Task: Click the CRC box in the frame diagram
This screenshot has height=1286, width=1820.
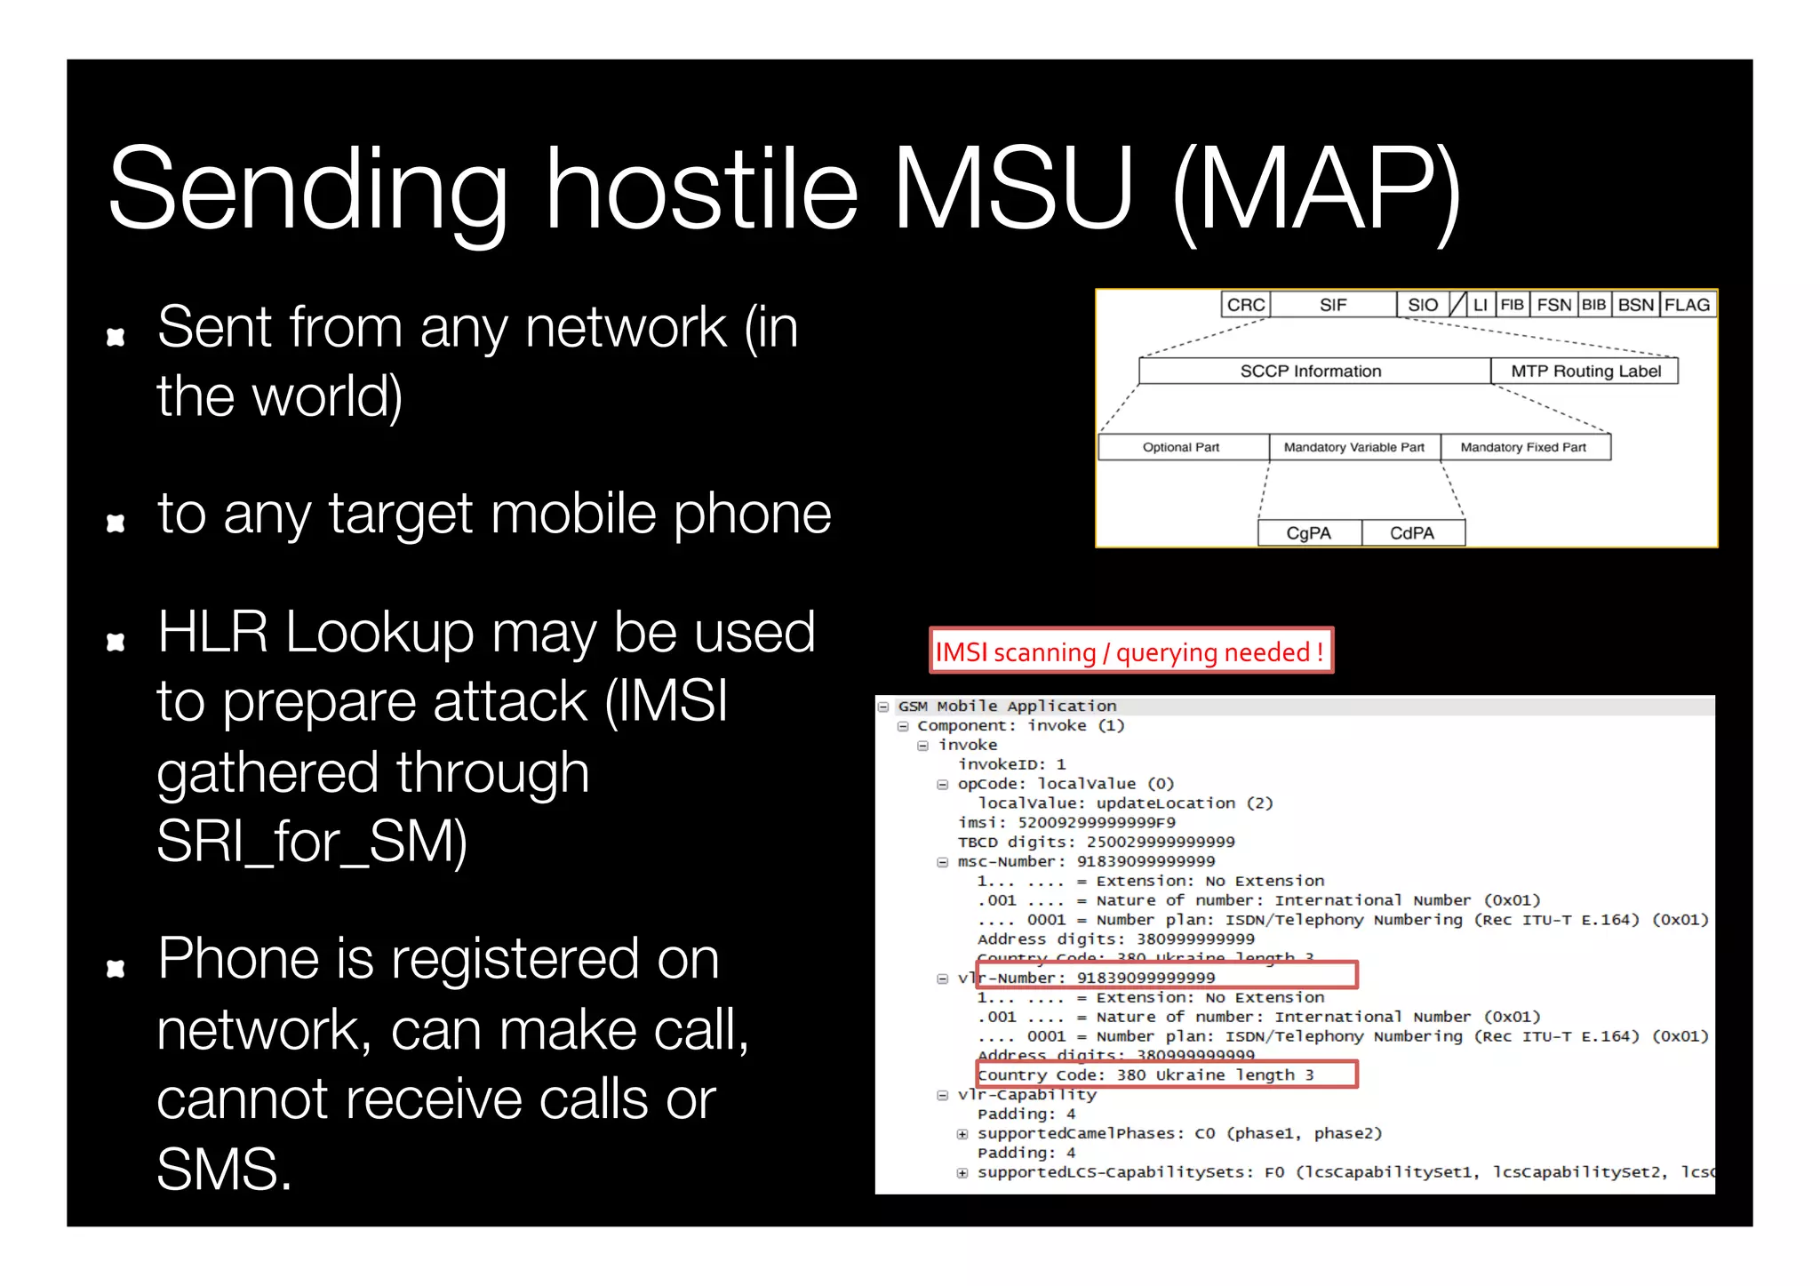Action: pos(1245,305)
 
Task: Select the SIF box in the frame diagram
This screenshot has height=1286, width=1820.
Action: pos(1333,305)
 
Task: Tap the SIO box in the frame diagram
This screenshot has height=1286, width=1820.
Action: pos(1422,305)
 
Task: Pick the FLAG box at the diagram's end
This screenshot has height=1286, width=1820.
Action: pos(1687,305)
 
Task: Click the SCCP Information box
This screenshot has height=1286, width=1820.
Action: pos(1311,371)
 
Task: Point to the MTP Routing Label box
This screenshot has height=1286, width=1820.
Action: pos(1585,371)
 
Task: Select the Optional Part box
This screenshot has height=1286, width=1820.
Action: pos(1181,447)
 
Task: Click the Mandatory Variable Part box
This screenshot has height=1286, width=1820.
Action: pos(1353,447)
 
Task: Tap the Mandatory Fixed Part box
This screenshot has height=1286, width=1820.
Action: pos(1523,447)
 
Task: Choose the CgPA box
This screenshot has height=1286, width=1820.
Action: pos(1309,533)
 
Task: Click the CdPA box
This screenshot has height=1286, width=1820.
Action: pos(1412,533)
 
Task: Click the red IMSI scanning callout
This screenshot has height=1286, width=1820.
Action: pos(1130,651)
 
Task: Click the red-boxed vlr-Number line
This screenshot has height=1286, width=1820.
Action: pos(1166,977)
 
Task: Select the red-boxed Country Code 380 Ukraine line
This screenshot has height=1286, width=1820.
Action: pos(1166,1074)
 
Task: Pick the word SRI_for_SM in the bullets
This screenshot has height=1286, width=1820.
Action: pos(311,842)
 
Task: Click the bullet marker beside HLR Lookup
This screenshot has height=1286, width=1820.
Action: pos(116,642)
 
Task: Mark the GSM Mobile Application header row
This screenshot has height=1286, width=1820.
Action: pos(1007,707)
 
